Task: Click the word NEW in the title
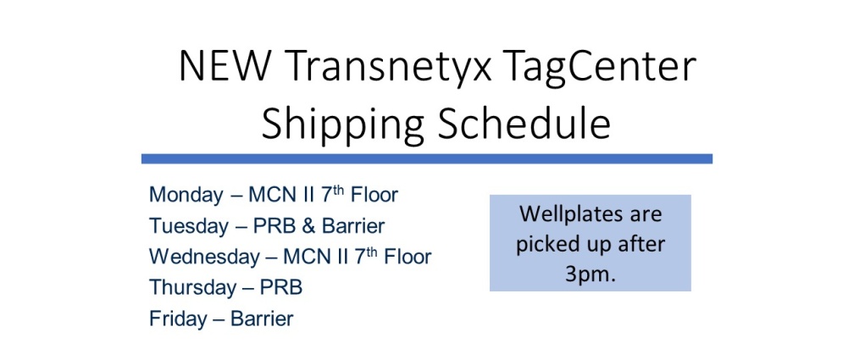click(x=225, y=66)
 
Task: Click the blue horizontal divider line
click(x=427, y=158)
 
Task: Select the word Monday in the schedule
click(x=186, y=196)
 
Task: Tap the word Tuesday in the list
click(x=189, y=226)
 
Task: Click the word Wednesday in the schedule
click(x=204, y=257)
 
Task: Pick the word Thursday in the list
click(x=191, y=287)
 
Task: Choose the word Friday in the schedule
click(x=178, y=318)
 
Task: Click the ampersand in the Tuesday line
click(x=308, y=226)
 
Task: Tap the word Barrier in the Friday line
click(x=262, y=318)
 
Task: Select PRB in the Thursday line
click(x=281, y=287)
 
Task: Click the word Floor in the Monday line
click(x=374, y=195)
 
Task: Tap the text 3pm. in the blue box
click(x=590, y=274)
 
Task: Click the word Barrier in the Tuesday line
click(x=353, y=226)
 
